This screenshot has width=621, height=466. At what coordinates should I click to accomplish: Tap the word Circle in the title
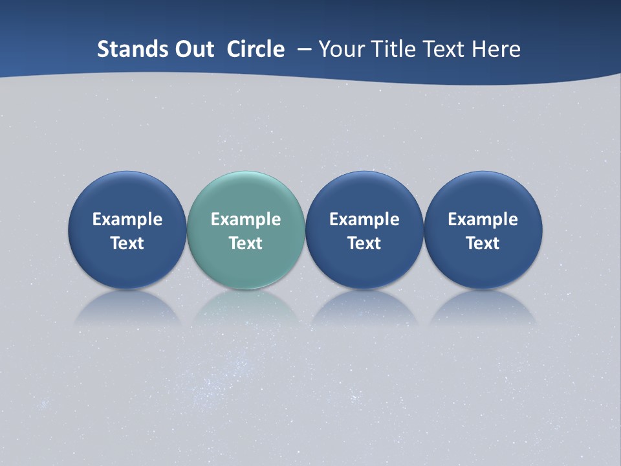[256, 49]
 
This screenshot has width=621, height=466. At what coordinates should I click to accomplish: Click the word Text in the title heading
[444, 49]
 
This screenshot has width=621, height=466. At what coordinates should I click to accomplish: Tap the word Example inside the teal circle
[246, 219]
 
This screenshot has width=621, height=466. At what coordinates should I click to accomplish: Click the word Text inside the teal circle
[246, 243]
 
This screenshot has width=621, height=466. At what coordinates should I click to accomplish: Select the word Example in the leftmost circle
[127, 219]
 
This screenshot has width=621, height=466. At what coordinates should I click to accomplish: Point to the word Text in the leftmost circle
[127, 243]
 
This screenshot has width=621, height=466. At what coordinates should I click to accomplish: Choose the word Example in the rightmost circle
[483, 219]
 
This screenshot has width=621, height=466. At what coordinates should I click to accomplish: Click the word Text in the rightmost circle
[483, 243]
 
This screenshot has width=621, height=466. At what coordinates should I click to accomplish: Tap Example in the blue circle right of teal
[364, 219]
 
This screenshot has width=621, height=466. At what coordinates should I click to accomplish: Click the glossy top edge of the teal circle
[246, 176]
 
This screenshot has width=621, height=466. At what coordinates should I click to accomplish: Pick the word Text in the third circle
[364, 243]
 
